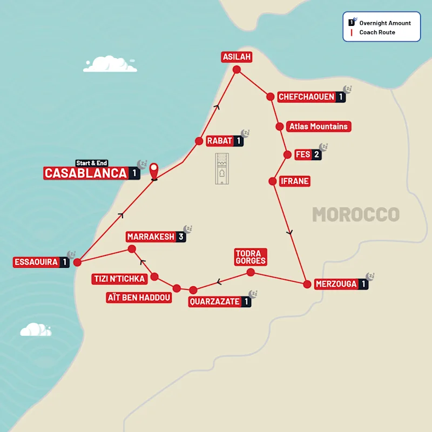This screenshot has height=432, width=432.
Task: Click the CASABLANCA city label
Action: click(85, 173)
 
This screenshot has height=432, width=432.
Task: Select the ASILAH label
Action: click(237, 57)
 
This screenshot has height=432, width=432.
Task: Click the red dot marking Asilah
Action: click(236, 69)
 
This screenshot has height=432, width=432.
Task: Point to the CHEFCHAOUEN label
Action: click(306, 97)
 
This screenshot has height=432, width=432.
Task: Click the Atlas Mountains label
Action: click(318, 126)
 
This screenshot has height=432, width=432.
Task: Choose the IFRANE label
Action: click(295, 181)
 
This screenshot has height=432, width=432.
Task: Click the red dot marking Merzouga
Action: click(306, 283)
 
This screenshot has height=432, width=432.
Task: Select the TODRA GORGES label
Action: click(251, 257)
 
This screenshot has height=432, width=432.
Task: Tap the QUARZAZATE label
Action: click(214, 302)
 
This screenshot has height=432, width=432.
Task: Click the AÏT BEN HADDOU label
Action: click(139, 298)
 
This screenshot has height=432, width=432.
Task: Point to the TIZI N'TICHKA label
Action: click(119, 279)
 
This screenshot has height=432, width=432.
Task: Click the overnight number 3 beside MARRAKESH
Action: click(181, 237)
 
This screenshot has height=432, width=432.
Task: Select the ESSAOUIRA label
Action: click(36, 262)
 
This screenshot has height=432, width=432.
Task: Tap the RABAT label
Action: click(220, 141)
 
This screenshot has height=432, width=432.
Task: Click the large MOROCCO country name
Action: click(355, 214)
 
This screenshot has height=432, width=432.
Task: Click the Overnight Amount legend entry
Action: click(384, 23)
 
